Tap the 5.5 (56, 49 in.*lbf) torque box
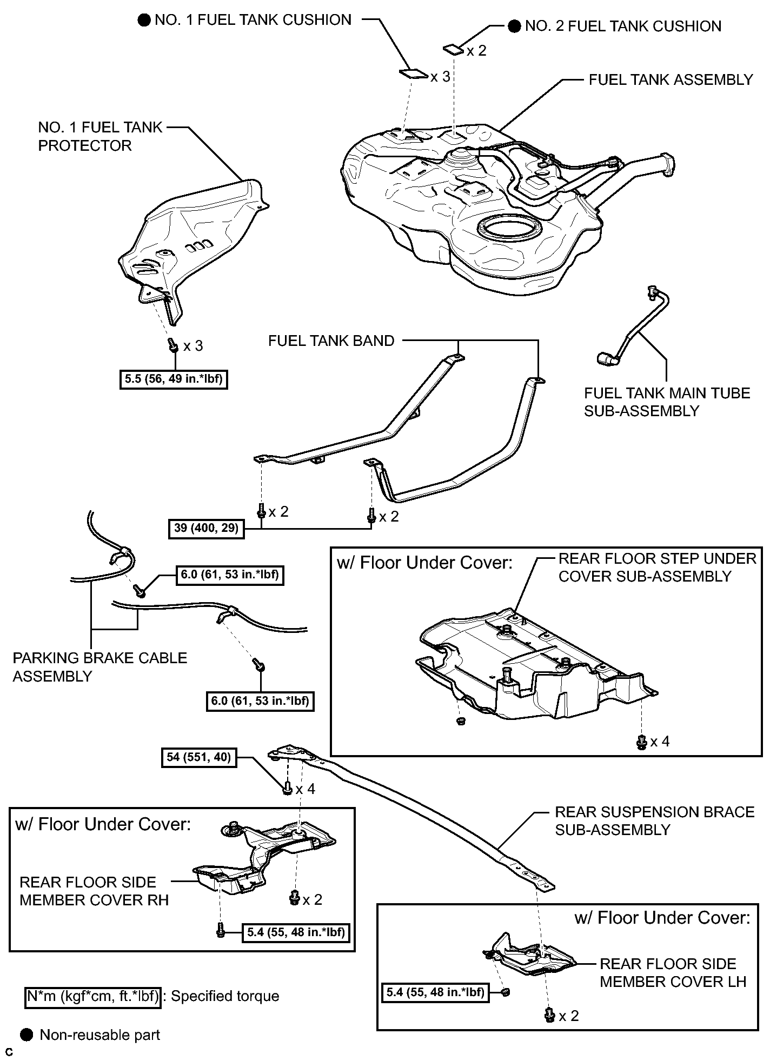(x=173, y=379)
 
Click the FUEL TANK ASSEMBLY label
(x=671, y=80)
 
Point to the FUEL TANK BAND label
(x=331, y=341)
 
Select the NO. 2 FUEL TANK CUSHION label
(x=623, y=26)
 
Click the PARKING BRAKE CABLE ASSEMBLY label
(x=100, y=667)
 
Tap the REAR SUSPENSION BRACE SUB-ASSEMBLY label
(x=655, y=821)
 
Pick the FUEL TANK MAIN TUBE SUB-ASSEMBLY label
(x=667, y=402)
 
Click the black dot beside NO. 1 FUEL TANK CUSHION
(x=143, y=21)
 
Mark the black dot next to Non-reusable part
(x=26, y=1035)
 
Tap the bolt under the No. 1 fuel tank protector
(x=173, y=344)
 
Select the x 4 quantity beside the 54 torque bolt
(x=305, y=789)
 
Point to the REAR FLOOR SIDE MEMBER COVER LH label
(x=673, y=973)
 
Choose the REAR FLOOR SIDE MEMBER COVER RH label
(x=94, y=891)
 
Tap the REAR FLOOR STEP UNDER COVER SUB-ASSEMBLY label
(x=657, y=567)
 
